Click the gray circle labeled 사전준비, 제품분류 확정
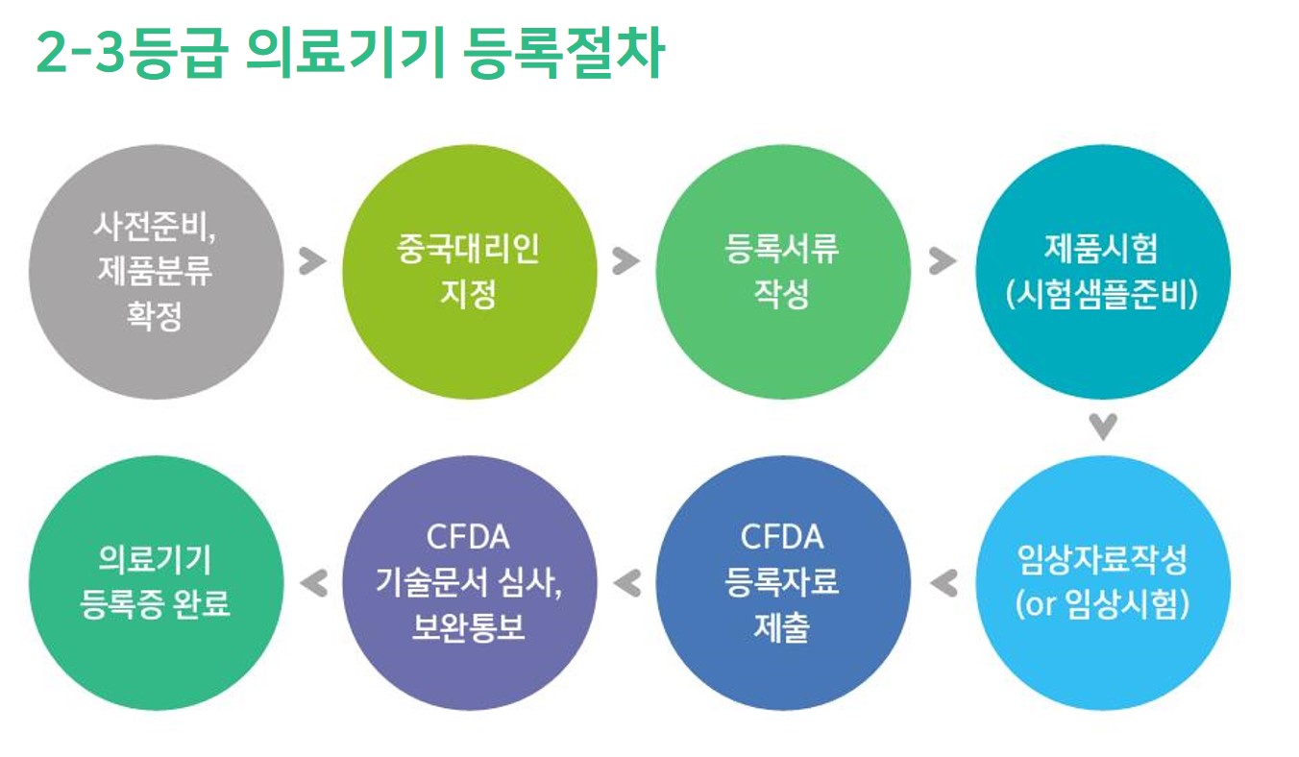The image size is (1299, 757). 156,272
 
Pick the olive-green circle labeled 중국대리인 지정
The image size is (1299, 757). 470,272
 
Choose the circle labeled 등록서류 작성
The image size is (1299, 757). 783,272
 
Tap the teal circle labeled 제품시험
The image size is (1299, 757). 1103,272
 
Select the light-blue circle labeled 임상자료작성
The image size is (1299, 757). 1103,582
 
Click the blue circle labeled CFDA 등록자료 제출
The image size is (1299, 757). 783,582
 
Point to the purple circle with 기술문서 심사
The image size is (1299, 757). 470,582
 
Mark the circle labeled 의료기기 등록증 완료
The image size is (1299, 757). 156,582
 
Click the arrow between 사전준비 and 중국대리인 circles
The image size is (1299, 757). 312,261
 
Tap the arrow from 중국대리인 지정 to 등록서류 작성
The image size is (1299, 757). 625,261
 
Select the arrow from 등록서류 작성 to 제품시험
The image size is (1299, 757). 943,261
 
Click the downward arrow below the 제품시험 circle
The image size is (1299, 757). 1103,427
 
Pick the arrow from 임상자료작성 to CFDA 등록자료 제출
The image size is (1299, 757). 944,583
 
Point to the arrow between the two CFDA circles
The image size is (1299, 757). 627,583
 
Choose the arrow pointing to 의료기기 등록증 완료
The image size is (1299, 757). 314,583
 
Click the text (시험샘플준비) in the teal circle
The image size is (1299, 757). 1102,295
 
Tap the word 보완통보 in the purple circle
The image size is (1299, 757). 469,627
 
